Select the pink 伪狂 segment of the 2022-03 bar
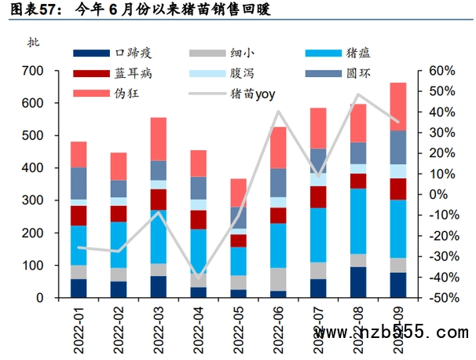pyautogui.click(x=159, y=138)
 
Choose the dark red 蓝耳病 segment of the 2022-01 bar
pyautogui.click(x=79, y=215)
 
